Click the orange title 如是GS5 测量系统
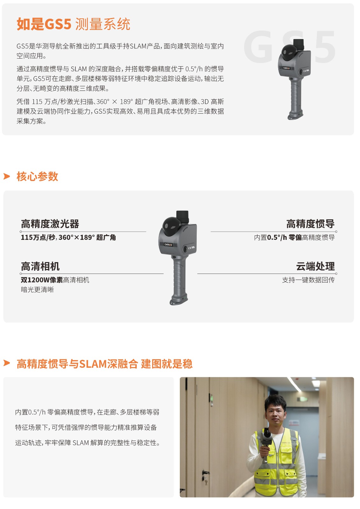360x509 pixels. point(73,24)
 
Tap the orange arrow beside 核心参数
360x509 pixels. point(7,176)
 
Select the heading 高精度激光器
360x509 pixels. point(50,224)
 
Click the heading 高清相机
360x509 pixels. point(40,266)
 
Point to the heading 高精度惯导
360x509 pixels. point(310,224)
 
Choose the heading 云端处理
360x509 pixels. point(315,266)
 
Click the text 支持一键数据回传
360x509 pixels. point(308,280)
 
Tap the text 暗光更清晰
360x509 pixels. point(37,290)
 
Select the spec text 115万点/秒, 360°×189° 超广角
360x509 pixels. point(68,237)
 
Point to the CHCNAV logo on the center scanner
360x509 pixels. point(168,245)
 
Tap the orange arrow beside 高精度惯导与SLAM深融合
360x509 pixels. point(7,363)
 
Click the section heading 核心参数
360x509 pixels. point(37,176)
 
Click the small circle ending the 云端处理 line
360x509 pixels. point(336,274)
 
